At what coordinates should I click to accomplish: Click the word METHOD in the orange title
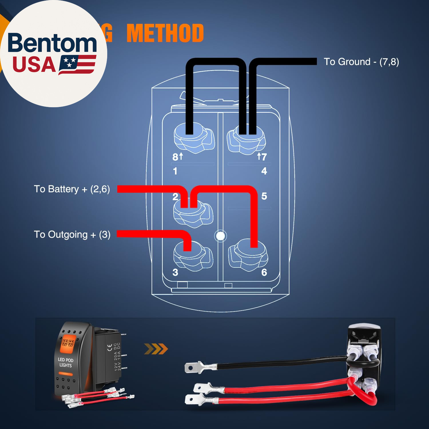(x=165, y=33)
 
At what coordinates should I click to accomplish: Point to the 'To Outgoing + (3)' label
(x=72, y=235)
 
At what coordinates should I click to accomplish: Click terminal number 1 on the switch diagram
(x=175, y=171)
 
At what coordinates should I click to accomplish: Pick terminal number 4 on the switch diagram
(x=264, y=171)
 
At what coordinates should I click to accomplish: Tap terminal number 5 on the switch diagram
(x=264, y=196)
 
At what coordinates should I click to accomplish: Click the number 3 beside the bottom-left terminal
(x=175, y=272)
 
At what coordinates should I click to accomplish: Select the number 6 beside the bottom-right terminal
(x=264, y=272)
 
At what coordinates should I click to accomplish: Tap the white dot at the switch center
(x=221, y=236)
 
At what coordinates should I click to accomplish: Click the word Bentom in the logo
(x=52, y=43)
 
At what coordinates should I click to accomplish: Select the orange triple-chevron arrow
(x=156, y=349)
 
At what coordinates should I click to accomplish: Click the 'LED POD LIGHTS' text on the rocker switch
(x=65, y=362)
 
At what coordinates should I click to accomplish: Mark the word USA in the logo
(x=34, y=65)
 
